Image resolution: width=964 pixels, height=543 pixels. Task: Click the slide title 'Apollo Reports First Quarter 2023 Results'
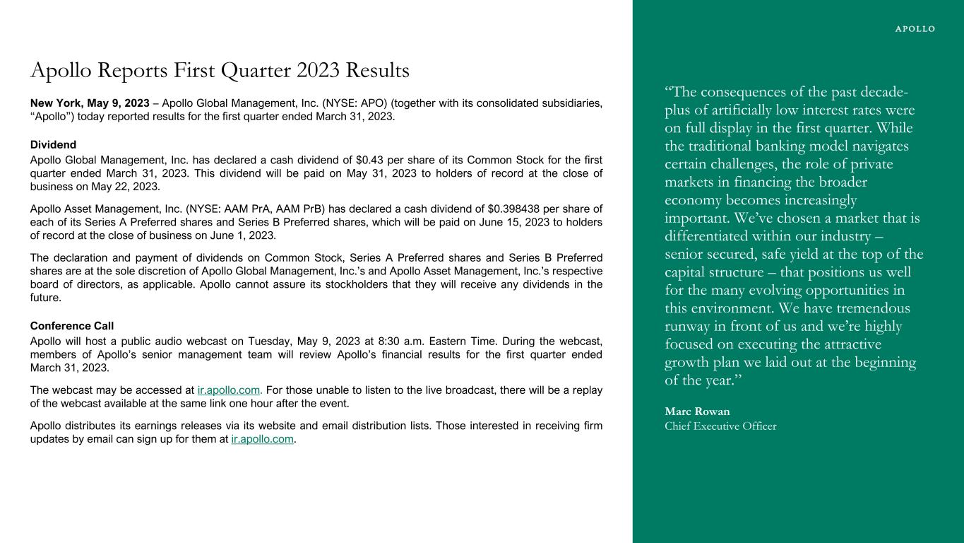coord(220,71)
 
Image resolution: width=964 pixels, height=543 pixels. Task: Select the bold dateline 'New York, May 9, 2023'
coord(90,103)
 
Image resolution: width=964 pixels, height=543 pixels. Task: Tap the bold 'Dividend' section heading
coord(53,145)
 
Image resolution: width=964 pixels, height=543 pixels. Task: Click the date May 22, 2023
coord(129,187)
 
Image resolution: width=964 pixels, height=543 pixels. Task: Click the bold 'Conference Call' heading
coord(72,326)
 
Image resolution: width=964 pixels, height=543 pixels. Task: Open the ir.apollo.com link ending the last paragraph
coord(262,439)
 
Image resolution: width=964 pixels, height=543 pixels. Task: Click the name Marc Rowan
coord(697,411)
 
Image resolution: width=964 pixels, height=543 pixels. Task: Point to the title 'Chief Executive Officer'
coord(720,426)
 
